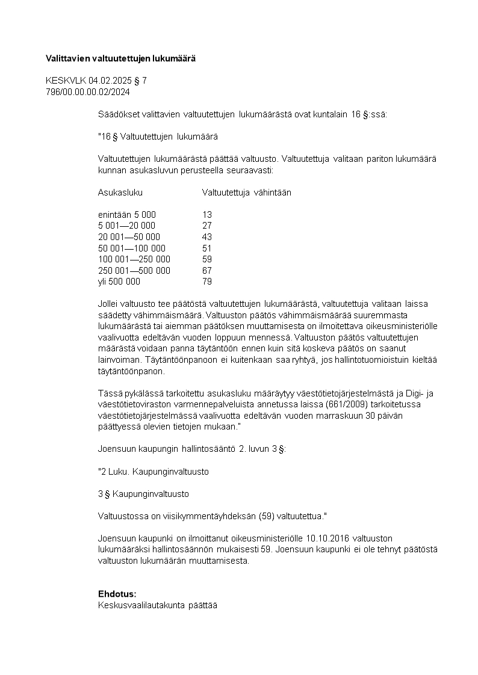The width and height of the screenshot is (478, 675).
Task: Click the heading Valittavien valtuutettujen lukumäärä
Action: [121, 58]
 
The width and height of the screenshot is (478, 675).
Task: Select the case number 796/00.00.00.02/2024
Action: [88, 92]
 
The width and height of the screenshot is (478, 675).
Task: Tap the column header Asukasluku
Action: [120, 193]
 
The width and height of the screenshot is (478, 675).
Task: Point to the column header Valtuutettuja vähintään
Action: [247, 193]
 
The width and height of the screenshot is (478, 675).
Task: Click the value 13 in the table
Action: [207, 215]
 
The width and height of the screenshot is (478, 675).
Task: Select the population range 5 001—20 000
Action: [126, 226]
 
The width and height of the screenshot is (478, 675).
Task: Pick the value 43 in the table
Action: [207, 237]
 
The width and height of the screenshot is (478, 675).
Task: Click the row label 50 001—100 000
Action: [131, 248]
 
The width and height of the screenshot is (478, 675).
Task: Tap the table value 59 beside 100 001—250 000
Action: [207, 259]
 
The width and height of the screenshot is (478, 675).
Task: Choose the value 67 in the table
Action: [207, 271]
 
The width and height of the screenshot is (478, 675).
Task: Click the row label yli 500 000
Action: [119, 282]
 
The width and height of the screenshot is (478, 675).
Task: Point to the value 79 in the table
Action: [207, 282]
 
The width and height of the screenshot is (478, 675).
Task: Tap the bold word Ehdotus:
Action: [117, 594]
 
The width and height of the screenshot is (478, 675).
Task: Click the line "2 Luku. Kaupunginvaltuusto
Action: [154, 472]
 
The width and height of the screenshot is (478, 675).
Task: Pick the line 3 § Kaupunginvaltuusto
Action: [143, 494]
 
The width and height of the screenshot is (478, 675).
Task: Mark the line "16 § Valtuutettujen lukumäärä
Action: [158, 137]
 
